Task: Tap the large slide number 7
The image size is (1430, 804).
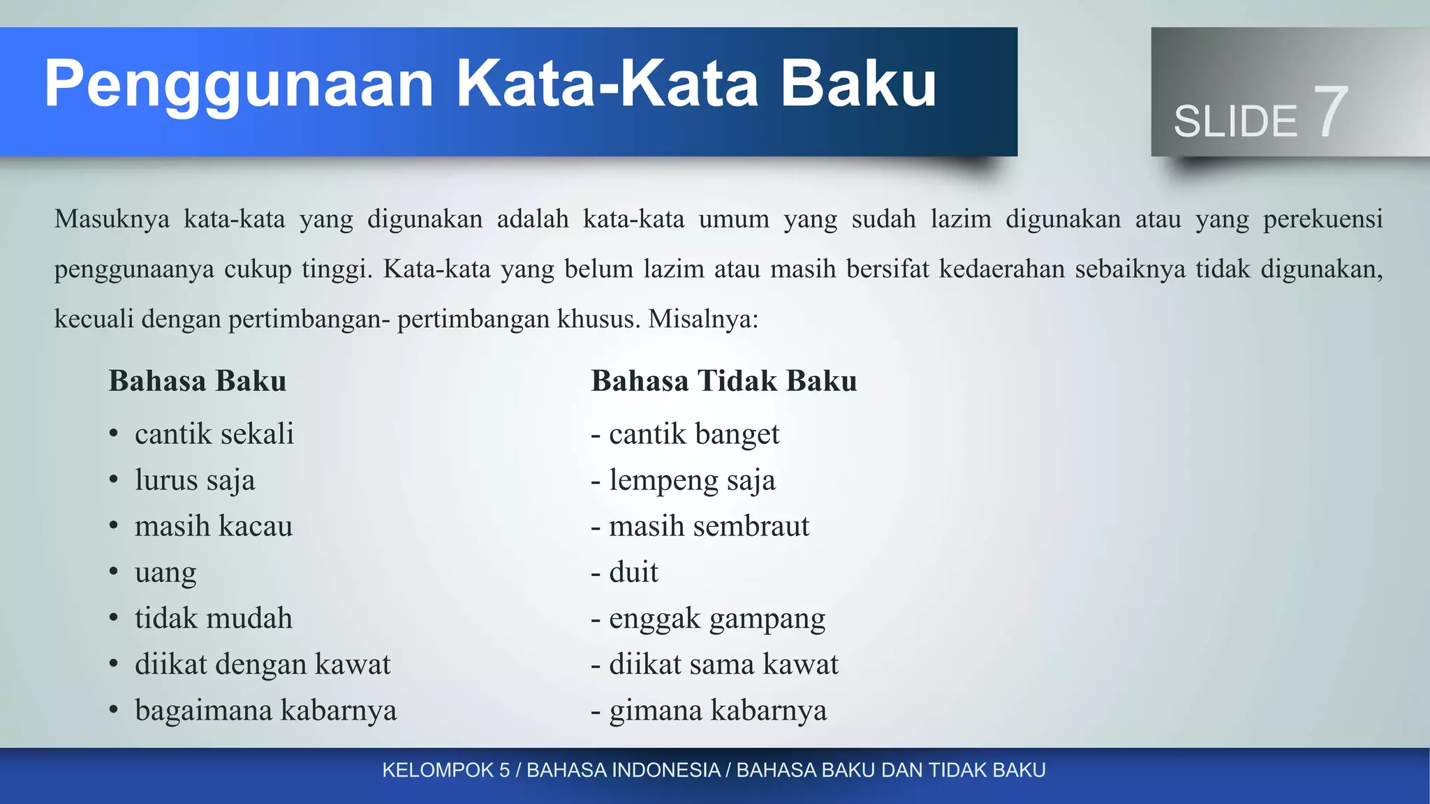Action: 1330,112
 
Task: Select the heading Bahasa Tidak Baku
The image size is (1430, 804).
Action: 723,381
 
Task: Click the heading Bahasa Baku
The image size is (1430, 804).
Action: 198,381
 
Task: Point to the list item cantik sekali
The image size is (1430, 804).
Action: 214,434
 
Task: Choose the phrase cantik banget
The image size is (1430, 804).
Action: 693,434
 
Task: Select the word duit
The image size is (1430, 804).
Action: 633,572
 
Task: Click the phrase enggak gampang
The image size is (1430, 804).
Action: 716,619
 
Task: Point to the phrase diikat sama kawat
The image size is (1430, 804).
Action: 723,664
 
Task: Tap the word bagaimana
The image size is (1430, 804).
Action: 203,711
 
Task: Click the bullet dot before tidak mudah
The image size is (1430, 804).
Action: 114,618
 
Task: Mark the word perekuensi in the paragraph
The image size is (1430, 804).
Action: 1322,219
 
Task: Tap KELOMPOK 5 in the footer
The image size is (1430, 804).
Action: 445,770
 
